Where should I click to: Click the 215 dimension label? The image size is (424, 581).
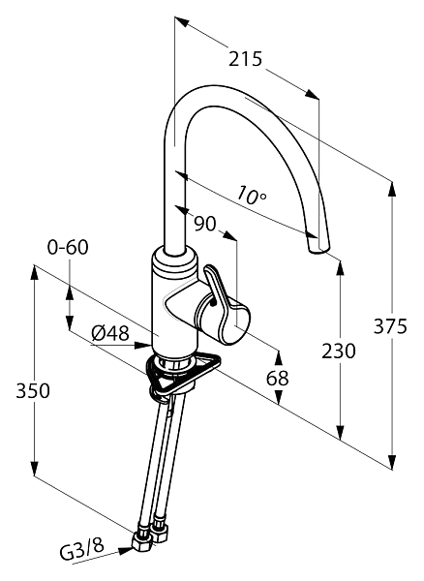(x=245, y=59)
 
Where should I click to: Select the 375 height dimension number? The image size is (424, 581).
(x=390, y=326)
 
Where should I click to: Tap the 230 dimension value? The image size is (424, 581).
(x=339, y=351)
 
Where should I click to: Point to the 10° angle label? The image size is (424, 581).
(x=252, y=196)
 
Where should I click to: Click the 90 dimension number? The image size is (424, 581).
(x=205, y=224)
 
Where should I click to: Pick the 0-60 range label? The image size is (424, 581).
(x=68, y=247)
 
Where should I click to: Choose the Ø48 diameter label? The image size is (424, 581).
(x=110, y=334)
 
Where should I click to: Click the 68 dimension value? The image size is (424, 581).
(x=278, y=379)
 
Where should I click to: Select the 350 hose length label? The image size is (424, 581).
(x=33, y=390)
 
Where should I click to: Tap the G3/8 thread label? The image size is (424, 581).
(x=82, y=550)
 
